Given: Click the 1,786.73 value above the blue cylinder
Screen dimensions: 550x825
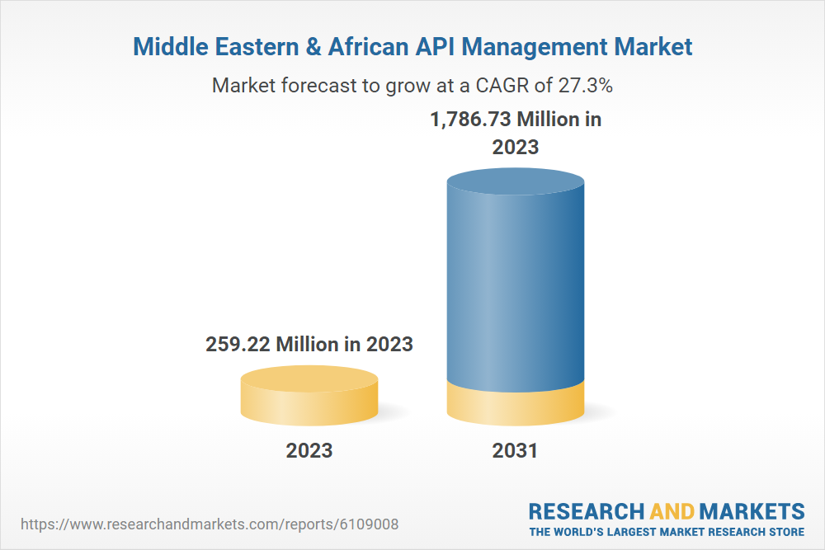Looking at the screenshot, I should pyautogui.click(x=470, y=120).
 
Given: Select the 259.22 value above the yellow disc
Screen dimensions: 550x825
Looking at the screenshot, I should pyautogui.click(x=238, y=344).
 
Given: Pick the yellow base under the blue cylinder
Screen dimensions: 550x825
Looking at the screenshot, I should pyautogui.click(x=516, y=404).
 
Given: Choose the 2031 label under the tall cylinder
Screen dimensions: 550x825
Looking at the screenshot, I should pyautogui.click(x=515, y=451).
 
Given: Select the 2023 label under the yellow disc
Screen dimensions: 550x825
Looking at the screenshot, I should pyautogui.click(x=309, y=451).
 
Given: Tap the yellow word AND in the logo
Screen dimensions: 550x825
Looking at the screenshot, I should pyautogui.click(x=672, y=510).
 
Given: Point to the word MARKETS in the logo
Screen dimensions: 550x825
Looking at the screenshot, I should pyautogui.click(x=752, y=510).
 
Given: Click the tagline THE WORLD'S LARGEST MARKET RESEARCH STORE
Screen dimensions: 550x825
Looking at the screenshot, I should pyautogui.click(x=667, y=532).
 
